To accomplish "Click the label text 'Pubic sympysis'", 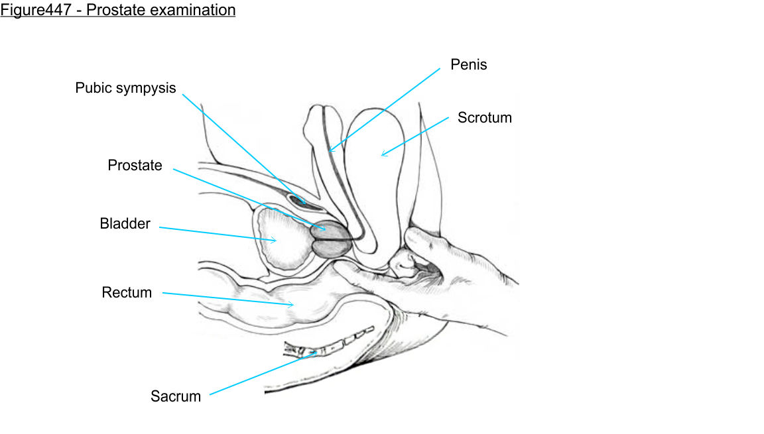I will [125, 88].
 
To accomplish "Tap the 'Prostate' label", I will [135, 166].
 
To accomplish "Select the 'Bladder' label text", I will [125, 224].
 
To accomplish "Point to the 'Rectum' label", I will [127, 292].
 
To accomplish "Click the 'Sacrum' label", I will [175, 396].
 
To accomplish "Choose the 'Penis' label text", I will [468, 64].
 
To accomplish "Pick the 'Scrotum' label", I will [484, 118].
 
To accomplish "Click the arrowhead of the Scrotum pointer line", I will [382, 155].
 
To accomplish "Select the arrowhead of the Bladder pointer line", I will [275, 241].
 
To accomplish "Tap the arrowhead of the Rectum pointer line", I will [293, 305].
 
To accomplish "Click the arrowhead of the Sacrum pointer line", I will [316, 352].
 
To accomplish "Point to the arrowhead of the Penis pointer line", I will [330, 152].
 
